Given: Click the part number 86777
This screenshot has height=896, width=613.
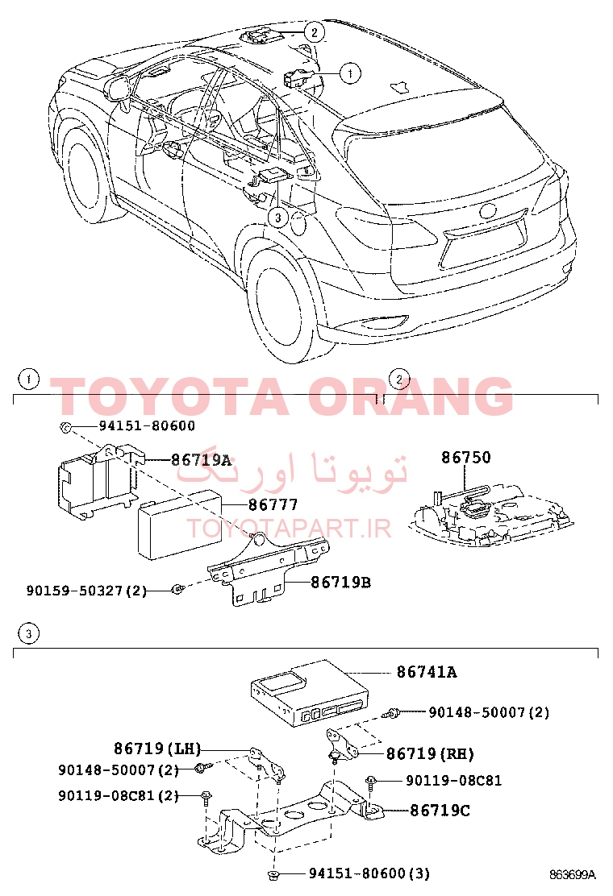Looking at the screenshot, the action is (273, 505).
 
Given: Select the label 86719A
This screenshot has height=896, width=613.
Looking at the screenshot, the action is (202, 459).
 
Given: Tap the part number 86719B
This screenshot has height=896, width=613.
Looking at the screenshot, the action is (341, 583).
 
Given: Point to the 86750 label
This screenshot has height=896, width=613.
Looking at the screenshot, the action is (465, 457).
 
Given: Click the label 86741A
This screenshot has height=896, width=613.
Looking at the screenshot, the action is (427, 672).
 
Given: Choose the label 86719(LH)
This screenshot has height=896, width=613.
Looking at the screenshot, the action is (157, 749).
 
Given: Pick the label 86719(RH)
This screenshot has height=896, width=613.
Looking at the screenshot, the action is (430, 754).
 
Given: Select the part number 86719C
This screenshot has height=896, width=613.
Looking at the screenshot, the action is (440, 811).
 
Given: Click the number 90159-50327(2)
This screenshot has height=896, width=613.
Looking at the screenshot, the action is (86, 591).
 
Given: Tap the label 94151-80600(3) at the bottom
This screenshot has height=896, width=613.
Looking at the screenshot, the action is (369, 873).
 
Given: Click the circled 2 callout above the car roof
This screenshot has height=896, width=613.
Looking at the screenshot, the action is (314, 31).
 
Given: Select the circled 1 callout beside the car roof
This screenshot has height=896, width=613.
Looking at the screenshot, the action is (350, 73).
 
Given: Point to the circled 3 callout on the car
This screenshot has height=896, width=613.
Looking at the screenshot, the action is (278, 217).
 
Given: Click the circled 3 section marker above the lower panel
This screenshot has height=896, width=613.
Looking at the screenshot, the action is (28, 633).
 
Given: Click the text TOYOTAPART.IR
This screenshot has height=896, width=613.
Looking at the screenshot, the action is (289, 529).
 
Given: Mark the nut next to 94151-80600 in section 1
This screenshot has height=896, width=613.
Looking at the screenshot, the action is (65, 427).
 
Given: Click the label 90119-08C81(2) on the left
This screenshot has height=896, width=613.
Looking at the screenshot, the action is (119, 795).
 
